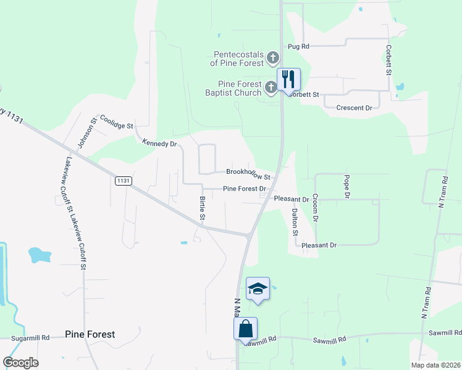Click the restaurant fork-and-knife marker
pyautogui.click(x=288, y=79)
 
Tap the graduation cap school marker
pyautogui.click(x=258, y=288)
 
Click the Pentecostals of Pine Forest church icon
pyautogui.click(x=273, y=59)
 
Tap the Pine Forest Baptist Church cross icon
pyautogui.click(x=270, y=89)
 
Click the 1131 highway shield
pyautogui.click(x=123, y=180)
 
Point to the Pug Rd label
pyautogui.click(x=298, y=46)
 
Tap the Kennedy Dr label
pyautogui.click(x=159, y=144)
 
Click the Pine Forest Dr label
pyautogui.click(x=245, y=189)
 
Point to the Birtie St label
pyautogui.click(x=202, y=208)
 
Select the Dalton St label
pyautogui.click(x=295, y=222)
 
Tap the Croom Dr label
pyautogui.click(x=315, y=208)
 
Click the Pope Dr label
pyautogui.click(x=346, y=186)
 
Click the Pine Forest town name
pyautogui.click(x=90, y=334)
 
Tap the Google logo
pyautogui.click(x=20, y=363)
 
